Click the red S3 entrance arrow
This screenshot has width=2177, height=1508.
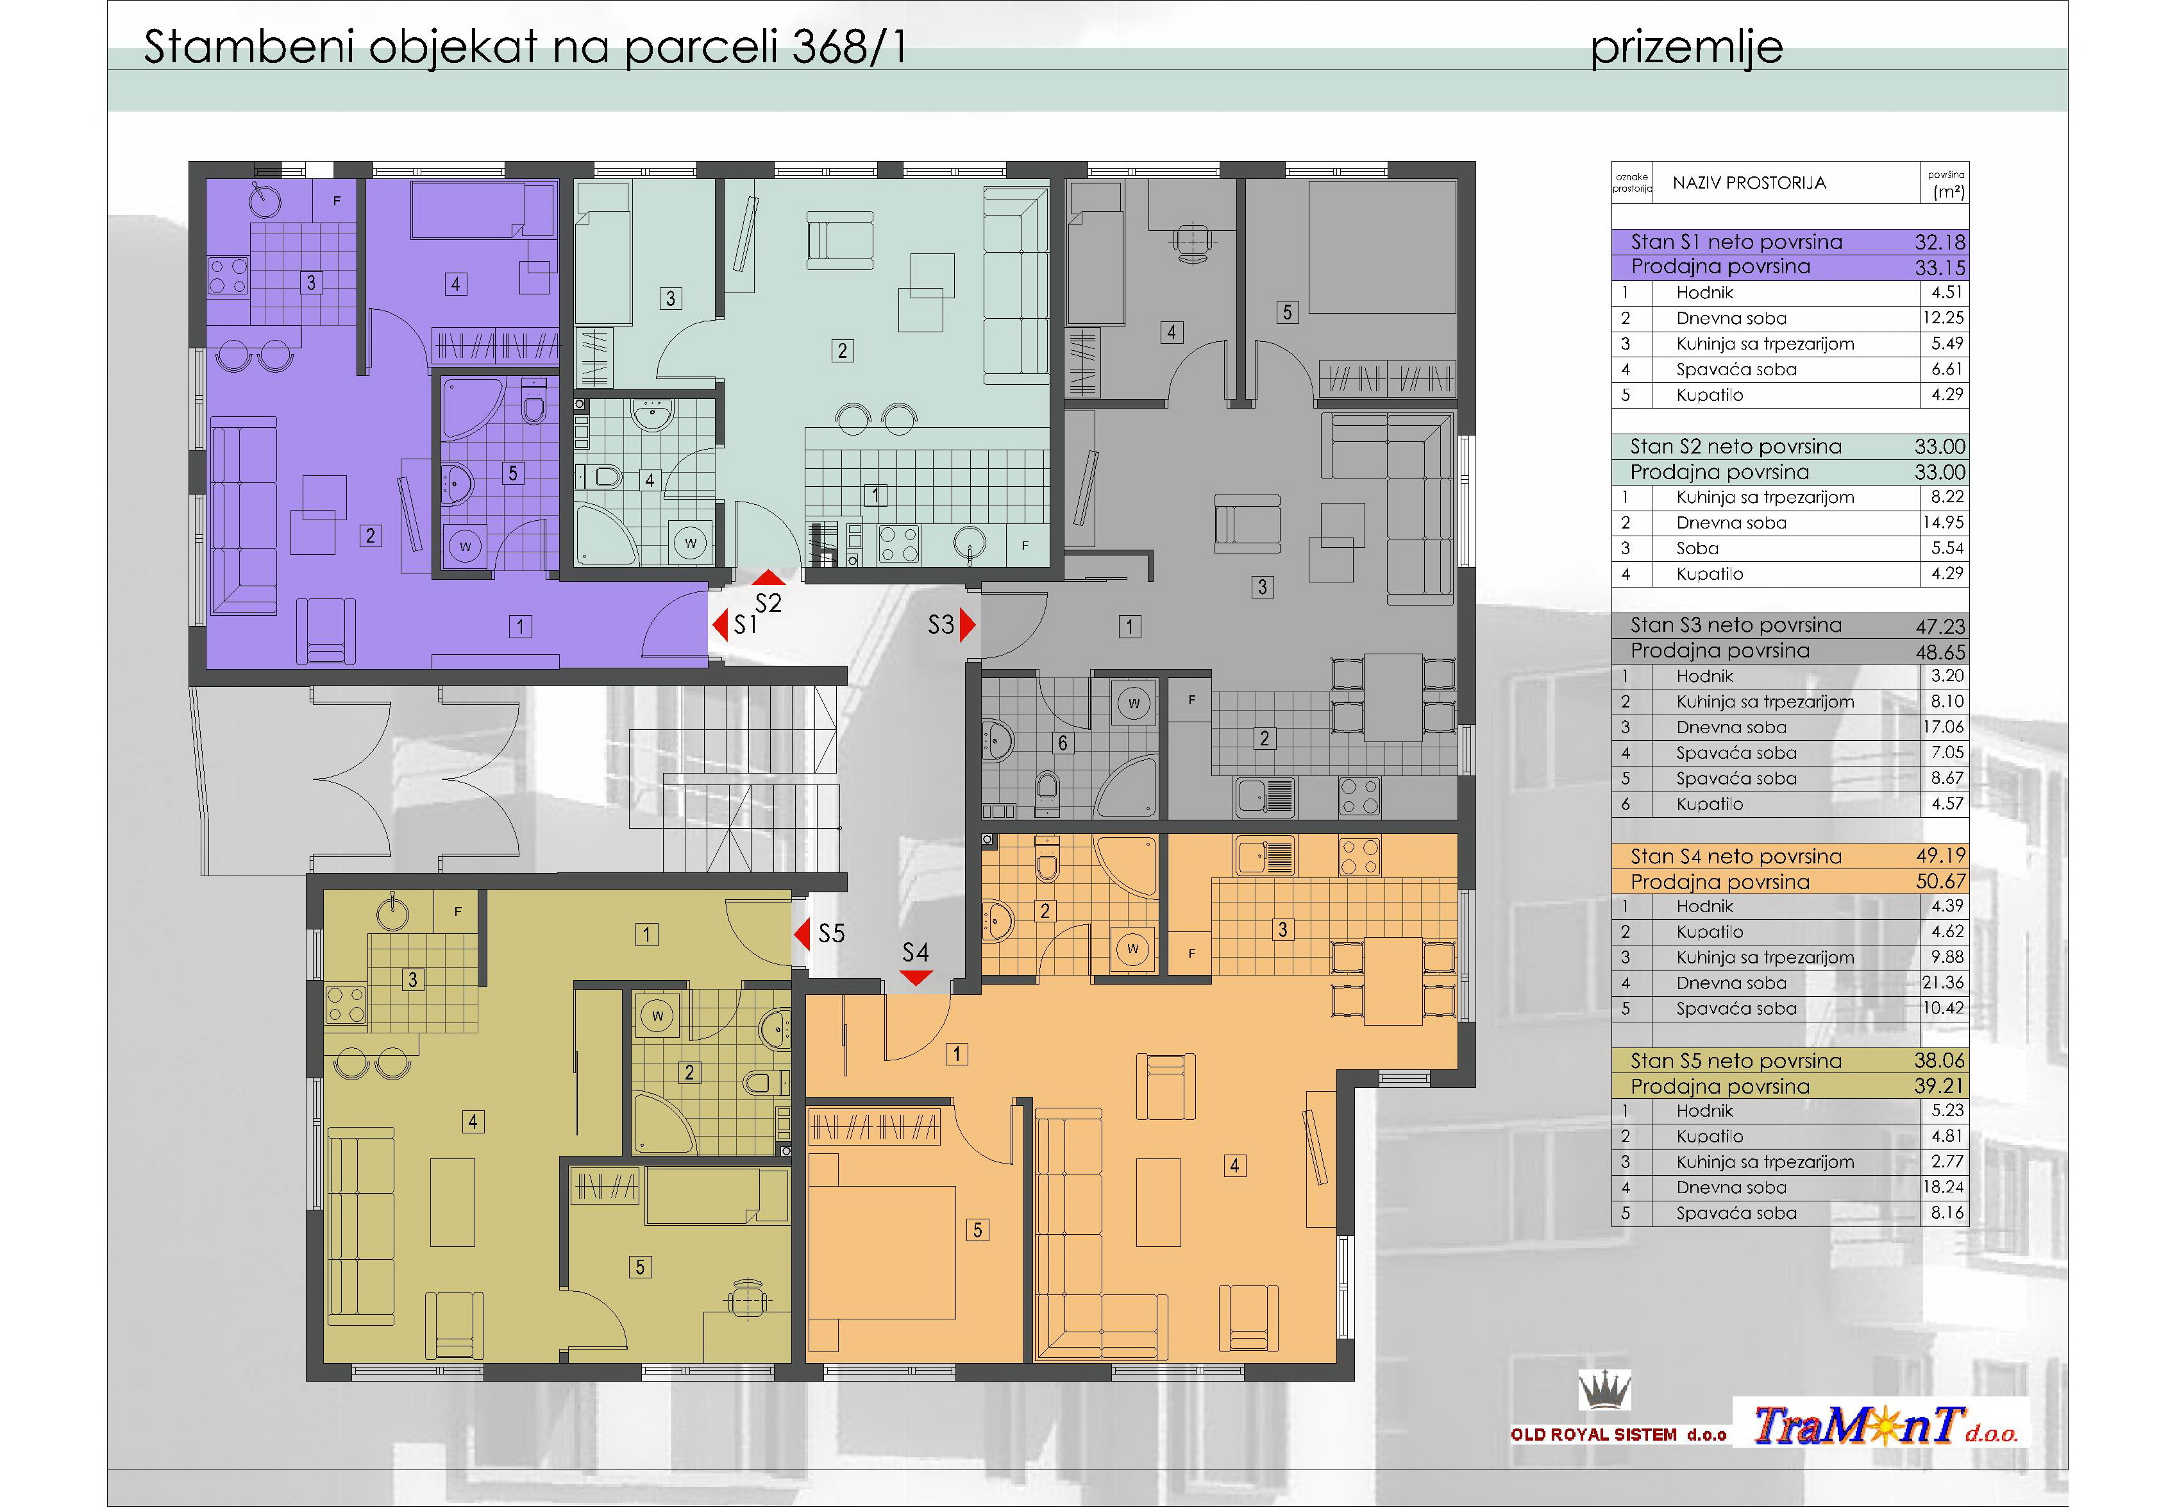(x=967, y=625)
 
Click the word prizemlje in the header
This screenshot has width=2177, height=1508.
(x=1687, y=48)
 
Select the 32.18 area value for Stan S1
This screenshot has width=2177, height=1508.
(x=1940, y=242)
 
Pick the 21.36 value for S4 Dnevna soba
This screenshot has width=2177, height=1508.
(x=1943, y=983)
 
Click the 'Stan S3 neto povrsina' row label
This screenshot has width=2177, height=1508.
(x=1736, y=625)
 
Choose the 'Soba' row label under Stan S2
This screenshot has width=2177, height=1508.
(x=1697, y=548)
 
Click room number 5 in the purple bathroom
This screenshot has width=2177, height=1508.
(x=513, y=473)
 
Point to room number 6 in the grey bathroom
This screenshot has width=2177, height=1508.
(x=1063, y=743)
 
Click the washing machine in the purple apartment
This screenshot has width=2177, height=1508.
(x=465, y=546)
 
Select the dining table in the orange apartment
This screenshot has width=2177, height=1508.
(x=1394, y=980)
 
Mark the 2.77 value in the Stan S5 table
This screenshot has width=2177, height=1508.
(x=1947, y=1162)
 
